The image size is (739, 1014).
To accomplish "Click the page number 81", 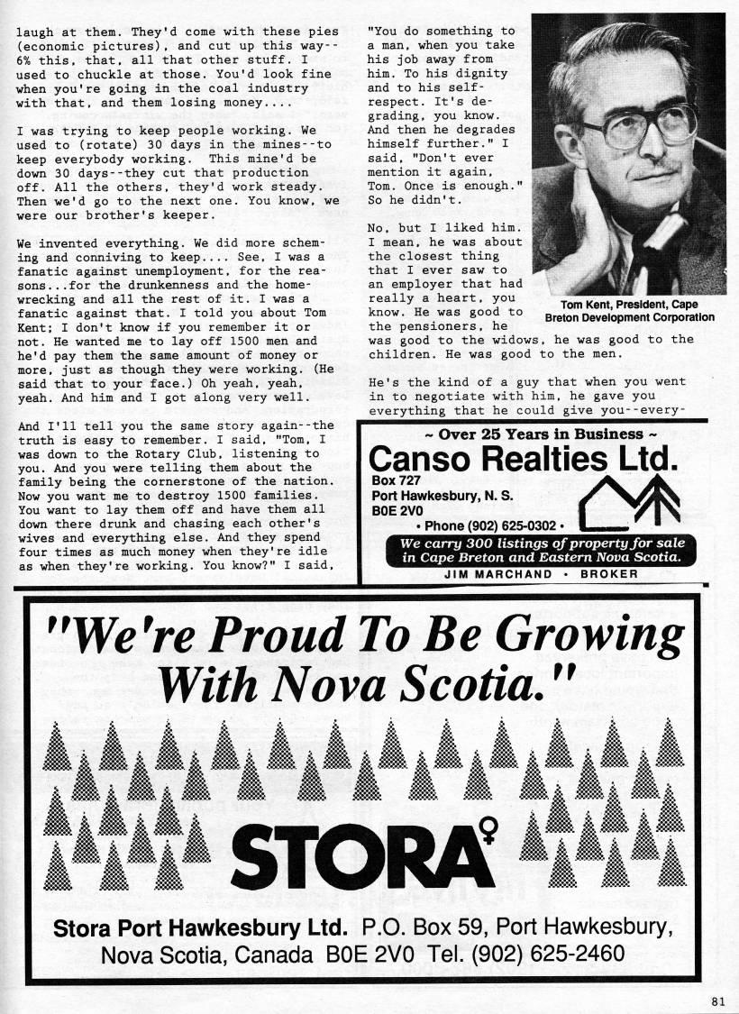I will pyautogui.click(x=717, y=998).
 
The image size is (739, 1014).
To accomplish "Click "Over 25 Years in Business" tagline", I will pyautogui.click(x=526, y=434).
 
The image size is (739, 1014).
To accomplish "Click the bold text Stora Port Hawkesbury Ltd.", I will pyautogui.click(x=200, y=927).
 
